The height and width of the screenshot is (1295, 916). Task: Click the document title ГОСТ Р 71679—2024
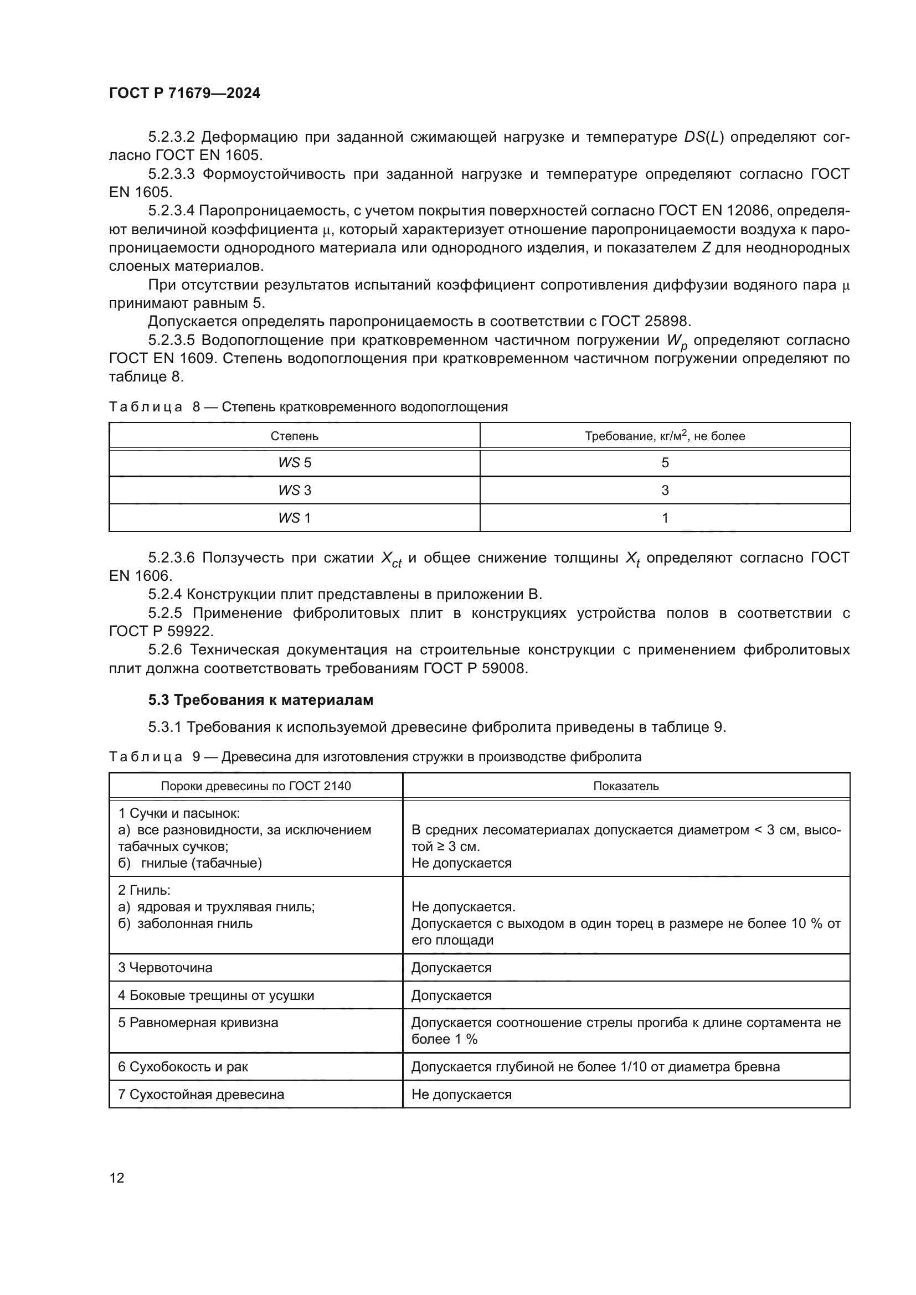(184, 93)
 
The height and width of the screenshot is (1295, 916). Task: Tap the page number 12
(117, 1178)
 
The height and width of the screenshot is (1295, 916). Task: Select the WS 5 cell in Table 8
(295, 463)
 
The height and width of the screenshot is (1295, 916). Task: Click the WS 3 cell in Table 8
(295, 491)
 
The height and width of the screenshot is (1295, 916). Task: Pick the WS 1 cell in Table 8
(295, 518)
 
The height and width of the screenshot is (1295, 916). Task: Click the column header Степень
(295, 436)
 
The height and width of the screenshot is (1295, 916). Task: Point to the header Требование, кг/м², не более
(665, 436)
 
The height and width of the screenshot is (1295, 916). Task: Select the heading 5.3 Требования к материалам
(261, 700)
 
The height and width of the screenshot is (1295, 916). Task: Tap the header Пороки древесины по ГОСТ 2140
(255, 786)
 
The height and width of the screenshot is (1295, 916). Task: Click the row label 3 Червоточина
(165, 968)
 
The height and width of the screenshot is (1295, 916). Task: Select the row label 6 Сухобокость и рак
(183, 1067)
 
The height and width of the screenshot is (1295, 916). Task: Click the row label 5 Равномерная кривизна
(198, 1023)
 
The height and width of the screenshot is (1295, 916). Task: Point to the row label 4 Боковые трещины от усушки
(216, 995)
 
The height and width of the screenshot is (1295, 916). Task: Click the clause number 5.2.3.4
(171, 211)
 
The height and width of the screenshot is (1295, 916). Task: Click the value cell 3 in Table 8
(665, 491)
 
